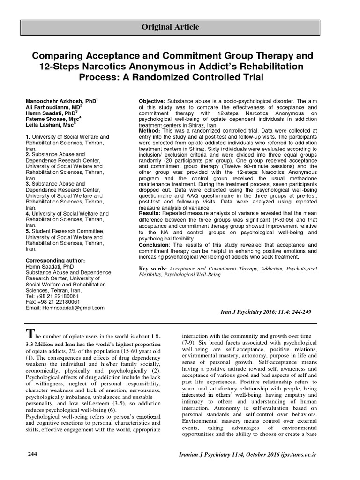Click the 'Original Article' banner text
[x=170, y=27]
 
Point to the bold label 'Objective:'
[x=152, y=101]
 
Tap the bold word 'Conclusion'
[x=154, y=245]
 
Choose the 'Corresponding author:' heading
[x=55, y=260]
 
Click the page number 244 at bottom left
[x=32, y=454]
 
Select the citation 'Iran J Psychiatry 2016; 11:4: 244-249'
[x=265, y=312]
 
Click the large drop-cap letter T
[x=30, y=334]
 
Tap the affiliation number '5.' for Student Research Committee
[x=27, y=231]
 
